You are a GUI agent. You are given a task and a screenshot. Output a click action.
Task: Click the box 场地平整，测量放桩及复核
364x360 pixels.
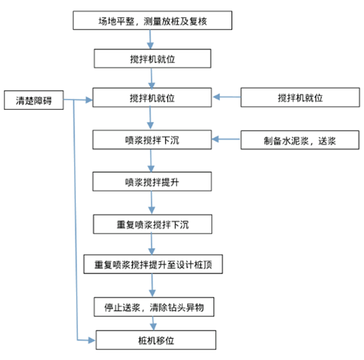point(152,21)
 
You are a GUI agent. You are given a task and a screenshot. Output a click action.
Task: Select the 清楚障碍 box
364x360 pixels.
point(34,100)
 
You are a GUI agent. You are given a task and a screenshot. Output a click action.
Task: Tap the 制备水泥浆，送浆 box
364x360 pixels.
point(300,140)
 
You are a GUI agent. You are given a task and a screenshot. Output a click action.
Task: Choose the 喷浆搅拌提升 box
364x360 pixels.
point(152,182)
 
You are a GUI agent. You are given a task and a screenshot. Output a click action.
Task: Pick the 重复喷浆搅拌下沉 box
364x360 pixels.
point(153,224)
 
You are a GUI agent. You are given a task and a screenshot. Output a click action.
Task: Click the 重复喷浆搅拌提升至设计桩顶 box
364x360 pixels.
point(153,264)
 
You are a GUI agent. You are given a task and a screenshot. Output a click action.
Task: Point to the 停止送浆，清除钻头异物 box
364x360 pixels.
point(154,307)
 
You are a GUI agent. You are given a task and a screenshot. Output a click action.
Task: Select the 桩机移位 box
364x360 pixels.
point(156,340)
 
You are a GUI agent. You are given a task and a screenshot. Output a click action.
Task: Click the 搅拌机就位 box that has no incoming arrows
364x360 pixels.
point(300,97)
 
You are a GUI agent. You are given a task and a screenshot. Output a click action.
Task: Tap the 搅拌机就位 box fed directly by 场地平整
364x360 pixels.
point(153,59)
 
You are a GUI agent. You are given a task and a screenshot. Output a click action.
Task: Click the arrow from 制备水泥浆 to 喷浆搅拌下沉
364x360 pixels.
point(226,139)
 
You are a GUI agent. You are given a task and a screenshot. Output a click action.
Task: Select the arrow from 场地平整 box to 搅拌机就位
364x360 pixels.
point(150,39)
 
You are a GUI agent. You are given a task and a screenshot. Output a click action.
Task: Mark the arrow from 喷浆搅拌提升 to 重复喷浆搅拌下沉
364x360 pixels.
point(151,202)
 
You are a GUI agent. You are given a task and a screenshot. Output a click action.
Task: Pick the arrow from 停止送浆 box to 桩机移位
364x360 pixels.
point(153,323)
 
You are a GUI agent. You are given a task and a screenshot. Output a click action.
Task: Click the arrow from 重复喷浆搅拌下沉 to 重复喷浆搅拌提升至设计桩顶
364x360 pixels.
point(151,244)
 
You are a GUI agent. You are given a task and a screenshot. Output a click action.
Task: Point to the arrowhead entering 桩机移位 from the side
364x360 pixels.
point(92,341)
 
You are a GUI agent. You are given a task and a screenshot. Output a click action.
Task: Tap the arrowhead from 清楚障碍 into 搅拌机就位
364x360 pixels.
point(89,100)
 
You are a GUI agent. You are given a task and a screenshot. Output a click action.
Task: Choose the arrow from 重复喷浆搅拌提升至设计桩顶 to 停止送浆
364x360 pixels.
point(152,285)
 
